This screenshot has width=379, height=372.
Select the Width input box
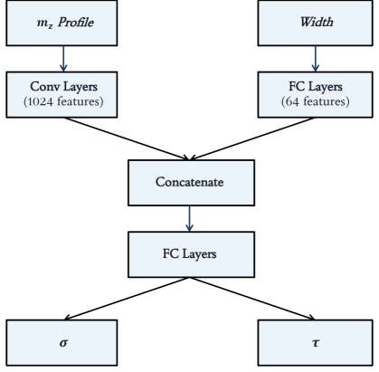click(316, 23)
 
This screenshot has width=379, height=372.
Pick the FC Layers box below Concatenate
click(188, 253)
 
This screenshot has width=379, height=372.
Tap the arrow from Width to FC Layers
click(316, 59)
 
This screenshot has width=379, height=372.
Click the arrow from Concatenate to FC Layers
click(188, 217)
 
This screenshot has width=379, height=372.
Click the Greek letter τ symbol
click(316, 344)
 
